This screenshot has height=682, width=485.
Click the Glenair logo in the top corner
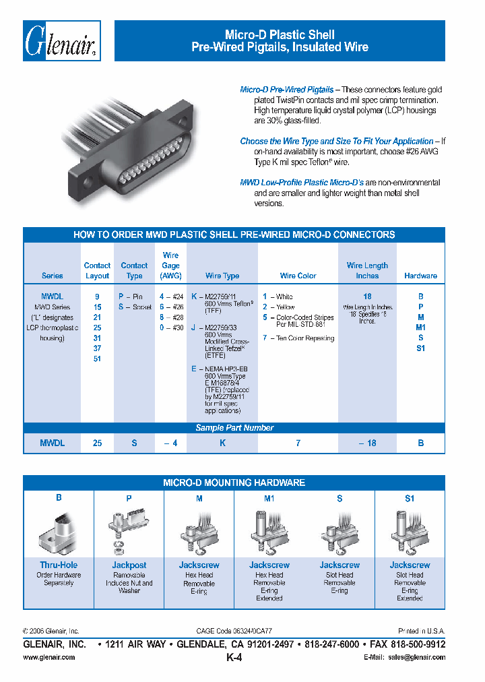point(62,41)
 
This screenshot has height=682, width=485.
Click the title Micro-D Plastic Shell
point(280,34)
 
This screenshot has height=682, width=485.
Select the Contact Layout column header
point(97,271)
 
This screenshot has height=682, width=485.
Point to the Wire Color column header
point(298,276)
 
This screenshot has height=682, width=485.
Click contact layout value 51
point(98,359)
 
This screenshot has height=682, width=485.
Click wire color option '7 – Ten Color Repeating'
point(298,338)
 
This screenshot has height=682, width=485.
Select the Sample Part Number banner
point(234,428)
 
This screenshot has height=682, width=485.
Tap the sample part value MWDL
point(53,443)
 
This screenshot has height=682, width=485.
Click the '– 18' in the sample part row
point(367,443)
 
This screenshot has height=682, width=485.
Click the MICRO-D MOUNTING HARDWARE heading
point(234,483)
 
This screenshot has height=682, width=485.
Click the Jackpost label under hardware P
point(129,565)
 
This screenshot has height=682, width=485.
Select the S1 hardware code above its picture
point(410,499)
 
